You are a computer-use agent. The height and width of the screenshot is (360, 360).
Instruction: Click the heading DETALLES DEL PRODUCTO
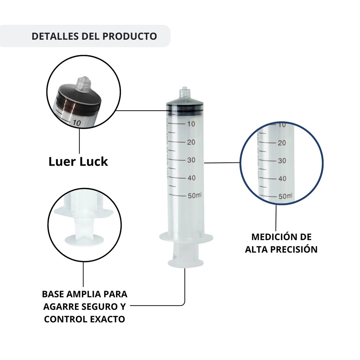[x=94, y=36]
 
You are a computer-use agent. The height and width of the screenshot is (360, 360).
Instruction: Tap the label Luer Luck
[x=78, y=161]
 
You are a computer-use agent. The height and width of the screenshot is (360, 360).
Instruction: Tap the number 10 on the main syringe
[x=191, y=124]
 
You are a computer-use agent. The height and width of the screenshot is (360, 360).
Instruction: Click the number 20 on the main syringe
[x=191, y=142]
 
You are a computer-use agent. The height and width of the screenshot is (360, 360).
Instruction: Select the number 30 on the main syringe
[x=191, y=160]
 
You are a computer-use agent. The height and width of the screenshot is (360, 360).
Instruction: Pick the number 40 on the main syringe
[x=191, y=178]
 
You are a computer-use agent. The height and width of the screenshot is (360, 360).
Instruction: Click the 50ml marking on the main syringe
[x=194, y=195]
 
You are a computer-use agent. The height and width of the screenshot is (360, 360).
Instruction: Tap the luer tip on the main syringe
[x=184, y=92]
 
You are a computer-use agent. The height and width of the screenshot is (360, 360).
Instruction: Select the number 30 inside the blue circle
[x=282, y=161]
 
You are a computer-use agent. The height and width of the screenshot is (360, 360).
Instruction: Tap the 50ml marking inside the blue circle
[x=285, y=196]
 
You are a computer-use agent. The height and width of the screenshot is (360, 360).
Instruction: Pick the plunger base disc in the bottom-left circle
[x=84, y=239]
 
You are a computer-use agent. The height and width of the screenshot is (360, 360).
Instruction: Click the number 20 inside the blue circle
[x=282, y=143]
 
